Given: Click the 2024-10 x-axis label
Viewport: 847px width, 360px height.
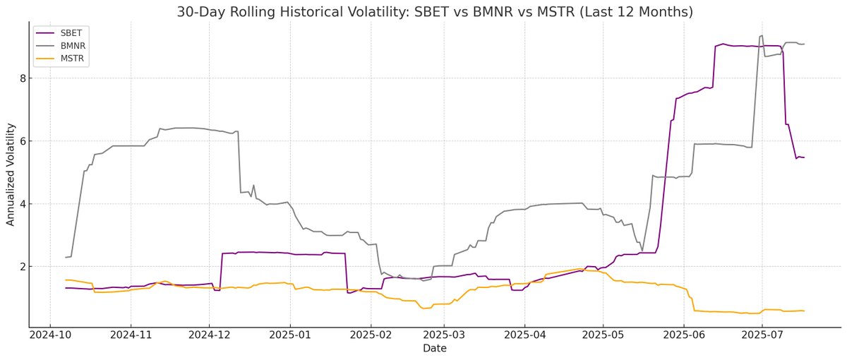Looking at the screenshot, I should pos(49,337).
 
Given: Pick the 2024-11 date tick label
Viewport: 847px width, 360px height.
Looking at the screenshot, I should pos(131,337).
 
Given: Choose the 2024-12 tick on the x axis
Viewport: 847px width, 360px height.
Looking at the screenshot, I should pos(210,337).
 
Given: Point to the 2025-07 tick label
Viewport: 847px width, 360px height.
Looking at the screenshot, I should pos(763,337).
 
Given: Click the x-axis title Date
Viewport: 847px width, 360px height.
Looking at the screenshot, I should pos(434,349).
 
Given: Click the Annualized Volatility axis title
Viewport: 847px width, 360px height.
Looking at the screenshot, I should pos(11,173).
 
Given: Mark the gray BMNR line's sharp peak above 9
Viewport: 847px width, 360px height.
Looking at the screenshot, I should pos(761,35).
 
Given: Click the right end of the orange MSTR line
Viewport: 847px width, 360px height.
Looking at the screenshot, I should pos(804,311).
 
